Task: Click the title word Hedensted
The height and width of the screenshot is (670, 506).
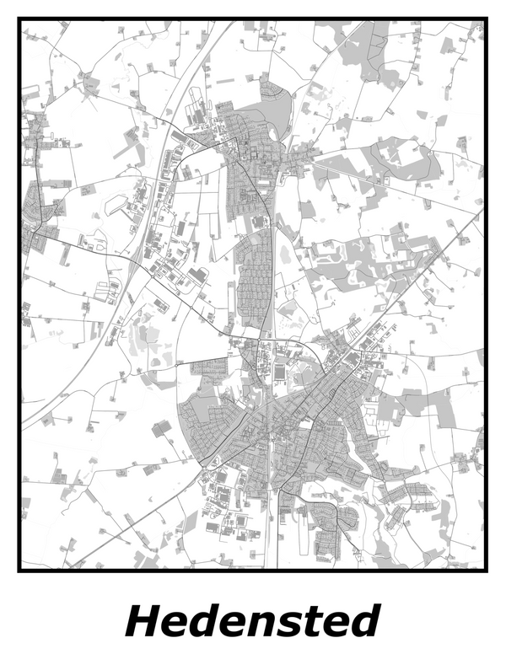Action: click(x=252, y=622)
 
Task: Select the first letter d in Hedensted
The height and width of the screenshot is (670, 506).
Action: click(x=201, y=622)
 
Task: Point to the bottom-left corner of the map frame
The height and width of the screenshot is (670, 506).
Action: click(x=19, y=571)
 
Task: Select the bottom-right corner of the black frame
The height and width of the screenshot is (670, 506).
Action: click(x=487, y=571)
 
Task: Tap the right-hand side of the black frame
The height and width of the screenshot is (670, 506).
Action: click(x=487, y=295)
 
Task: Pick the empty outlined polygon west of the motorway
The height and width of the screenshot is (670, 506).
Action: click(x=115, y=205)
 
